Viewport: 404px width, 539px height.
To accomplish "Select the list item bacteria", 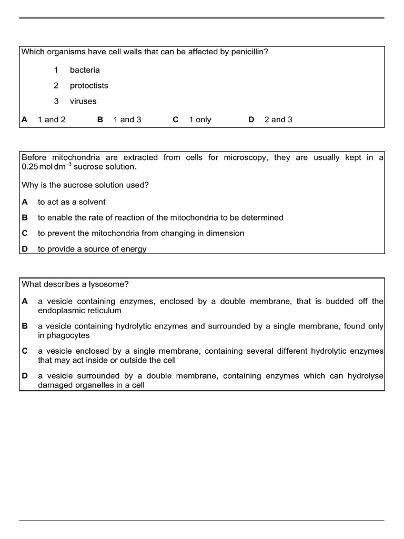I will click(85, 70).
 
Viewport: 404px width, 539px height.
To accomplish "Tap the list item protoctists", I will click(89, 85).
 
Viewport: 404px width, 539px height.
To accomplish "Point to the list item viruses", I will click(83, 101).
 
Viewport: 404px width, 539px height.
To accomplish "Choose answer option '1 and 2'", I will click(52, 119).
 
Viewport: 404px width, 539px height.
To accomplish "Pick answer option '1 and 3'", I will click(127, 119).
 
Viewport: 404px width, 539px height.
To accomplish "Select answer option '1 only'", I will click(200, 119).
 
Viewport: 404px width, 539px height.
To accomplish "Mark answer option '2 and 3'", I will click(278, 119).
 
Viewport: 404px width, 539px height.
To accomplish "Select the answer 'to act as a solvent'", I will click(72, 202).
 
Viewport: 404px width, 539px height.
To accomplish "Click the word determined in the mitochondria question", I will click(261, 217).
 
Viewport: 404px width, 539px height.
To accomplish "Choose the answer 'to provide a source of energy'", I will click(92, 249).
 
